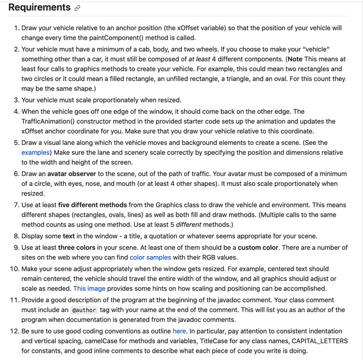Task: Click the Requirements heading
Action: [x=39, y=8]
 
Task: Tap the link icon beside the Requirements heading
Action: [x=78, y=8]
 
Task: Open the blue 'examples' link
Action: [x=36, y=152]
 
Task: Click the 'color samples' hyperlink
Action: [x=150, y=257]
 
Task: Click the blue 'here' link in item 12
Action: [x=179, y=330]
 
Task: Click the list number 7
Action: [x=16, y=205]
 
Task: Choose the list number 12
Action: [x=14, y=330]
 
